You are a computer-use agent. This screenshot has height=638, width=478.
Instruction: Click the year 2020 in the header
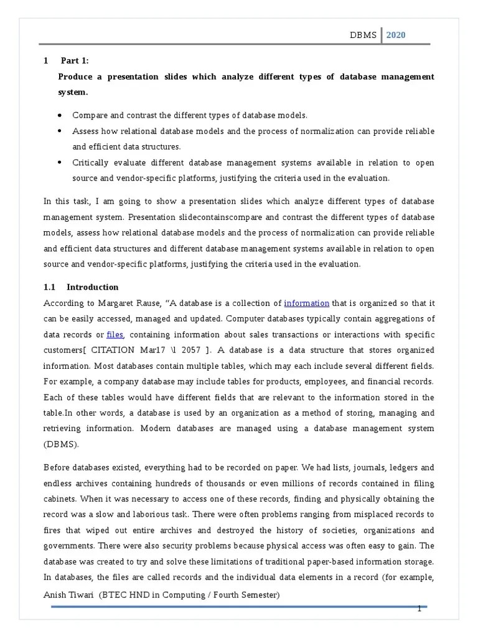pos(395,35)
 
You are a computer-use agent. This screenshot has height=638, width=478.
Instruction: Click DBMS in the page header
pos(363,35)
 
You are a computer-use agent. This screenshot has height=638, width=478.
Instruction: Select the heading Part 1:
pos(75,60)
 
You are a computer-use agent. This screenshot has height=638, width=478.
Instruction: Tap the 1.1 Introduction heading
pos(92,287)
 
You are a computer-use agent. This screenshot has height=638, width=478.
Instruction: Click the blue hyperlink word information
pos(306,303)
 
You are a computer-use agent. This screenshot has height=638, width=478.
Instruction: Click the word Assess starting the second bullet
pos(85,131)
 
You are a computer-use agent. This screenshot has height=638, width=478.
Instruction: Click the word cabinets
pos(60,499)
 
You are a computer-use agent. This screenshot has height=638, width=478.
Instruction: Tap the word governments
pos(68,546)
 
